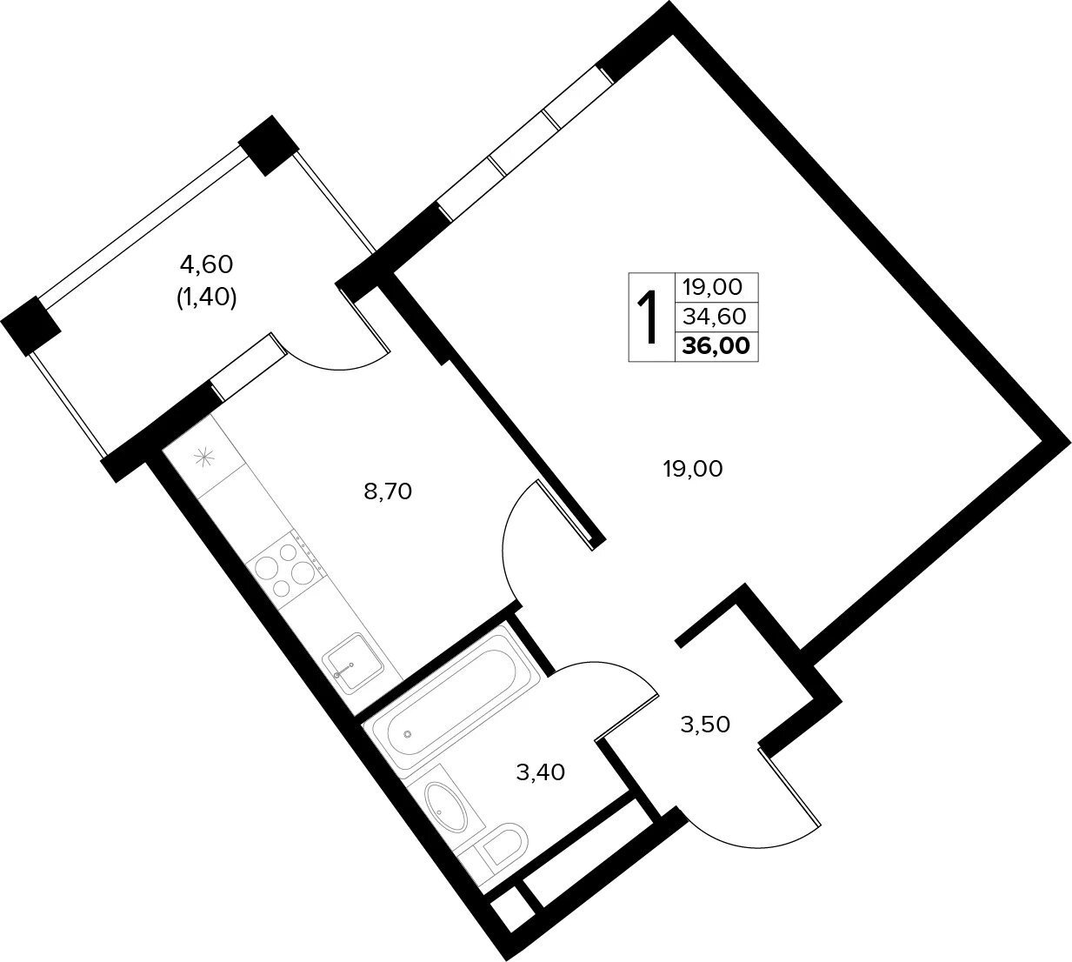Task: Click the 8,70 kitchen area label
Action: [x=388, y=492]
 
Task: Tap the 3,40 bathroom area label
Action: [x=540, y=772]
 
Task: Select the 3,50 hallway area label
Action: [x=705, y=725]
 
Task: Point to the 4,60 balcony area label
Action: [x=206, y=264]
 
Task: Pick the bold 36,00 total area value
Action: [x=716, y=345]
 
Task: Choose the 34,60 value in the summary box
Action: [x=715, y=317]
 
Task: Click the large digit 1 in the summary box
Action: [x=649, y=317]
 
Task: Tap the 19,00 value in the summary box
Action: [x=712, y=287]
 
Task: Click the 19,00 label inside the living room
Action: [x=693, y=469]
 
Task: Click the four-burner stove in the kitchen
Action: [x=288, y=570]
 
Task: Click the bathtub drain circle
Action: [x=408, y=734]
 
